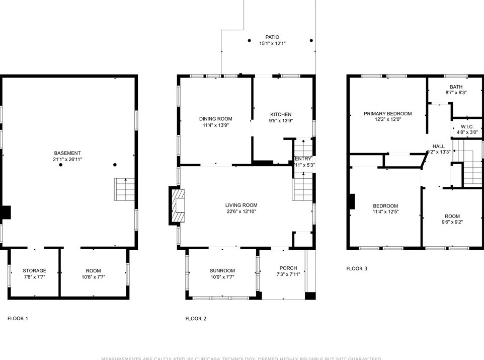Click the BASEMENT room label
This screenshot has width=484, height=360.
coord(67,153)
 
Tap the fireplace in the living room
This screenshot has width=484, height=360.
coord(178,205)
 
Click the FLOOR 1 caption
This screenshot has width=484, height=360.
coord(18,318)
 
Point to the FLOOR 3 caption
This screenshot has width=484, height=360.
coord(357,268)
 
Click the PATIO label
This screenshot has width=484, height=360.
coord(272,37)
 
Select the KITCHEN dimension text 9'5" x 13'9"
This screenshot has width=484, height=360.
coord(281,121)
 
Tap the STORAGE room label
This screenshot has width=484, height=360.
coord(34,270)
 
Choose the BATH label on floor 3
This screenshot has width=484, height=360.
coord(456,87)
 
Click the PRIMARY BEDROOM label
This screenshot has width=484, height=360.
coord(387,114)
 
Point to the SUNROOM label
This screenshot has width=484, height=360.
coord(222,270)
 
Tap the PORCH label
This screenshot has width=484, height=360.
coord(288,268)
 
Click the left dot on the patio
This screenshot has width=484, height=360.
coord(249,41)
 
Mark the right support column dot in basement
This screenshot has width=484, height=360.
coord(115,165)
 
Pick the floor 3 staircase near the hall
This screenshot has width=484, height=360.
coord(472,169)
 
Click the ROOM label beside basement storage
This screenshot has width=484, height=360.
coord(93,270)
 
